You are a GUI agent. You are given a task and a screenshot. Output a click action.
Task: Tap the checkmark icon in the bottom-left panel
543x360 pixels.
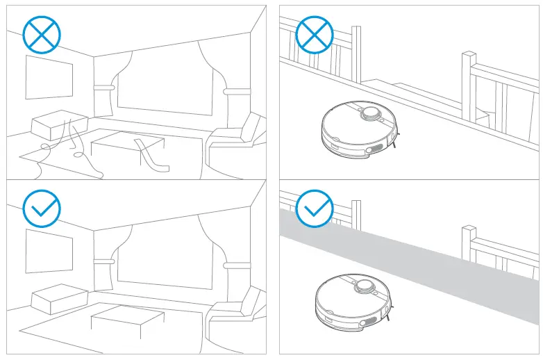[42, 207]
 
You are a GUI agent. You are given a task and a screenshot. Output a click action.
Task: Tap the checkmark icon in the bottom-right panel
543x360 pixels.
[315, 207]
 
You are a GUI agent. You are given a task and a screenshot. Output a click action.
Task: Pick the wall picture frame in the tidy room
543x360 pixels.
[49, 251]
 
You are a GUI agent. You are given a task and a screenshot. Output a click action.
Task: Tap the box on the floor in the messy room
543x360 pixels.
[59, 126]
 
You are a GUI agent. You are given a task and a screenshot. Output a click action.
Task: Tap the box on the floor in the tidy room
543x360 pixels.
[59, 299]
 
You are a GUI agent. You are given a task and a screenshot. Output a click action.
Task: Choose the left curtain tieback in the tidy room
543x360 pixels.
[104, 261]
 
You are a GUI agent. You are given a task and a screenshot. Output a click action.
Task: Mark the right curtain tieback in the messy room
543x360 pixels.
[236, 92]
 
